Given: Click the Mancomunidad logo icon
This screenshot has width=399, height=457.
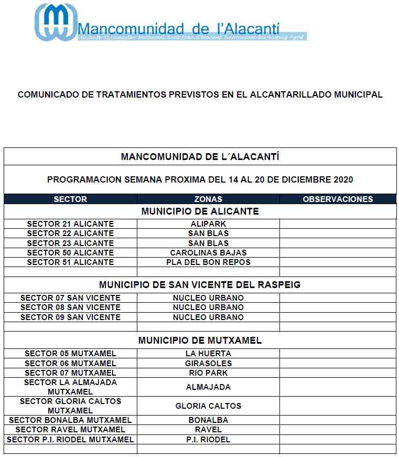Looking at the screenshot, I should point(55,22).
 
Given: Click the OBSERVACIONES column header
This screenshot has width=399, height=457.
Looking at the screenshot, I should point(338,199).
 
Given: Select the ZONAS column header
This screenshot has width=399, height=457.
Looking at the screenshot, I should point(208,199).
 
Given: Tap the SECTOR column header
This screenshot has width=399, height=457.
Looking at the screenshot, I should point(70,199).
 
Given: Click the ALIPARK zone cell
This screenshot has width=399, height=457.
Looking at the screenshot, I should point(208,224).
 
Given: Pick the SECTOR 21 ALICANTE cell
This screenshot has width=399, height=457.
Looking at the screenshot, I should point(70,224).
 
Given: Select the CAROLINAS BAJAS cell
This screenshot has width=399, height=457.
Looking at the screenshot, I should point(208,253).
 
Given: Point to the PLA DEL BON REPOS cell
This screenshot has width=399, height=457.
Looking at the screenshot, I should point(208,262).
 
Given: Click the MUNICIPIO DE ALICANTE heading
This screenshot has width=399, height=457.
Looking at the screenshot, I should point(200,211).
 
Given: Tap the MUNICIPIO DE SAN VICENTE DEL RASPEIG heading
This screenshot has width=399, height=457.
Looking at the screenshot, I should point(200,285).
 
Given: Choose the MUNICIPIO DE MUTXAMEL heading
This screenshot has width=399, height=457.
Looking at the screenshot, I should point(200,341).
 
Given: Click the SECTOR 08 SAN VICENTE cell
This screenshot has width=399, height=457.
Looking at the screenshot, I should point(70,307).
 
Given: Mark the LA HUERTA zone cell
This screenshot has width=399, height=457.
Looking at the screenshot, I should point(208,354).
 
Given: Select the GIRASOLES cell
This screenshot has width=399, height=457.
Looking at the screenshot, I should point(208,363).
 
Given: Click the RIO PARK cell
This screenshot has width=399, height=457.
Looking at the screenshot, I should point(208,373).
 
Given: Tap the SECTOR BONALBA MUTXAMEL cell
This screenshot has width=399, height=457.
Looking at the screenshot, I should point(70,420).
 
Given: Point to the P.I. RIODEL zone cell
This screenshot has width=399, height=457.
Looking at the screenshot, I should point(208,440).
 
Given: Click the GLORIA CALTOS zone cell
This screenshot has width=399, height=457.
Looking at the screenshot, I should point(208,406).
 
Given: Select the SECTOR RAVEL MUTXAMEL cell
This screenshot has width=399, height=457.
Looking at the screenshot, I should point(70,430).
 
